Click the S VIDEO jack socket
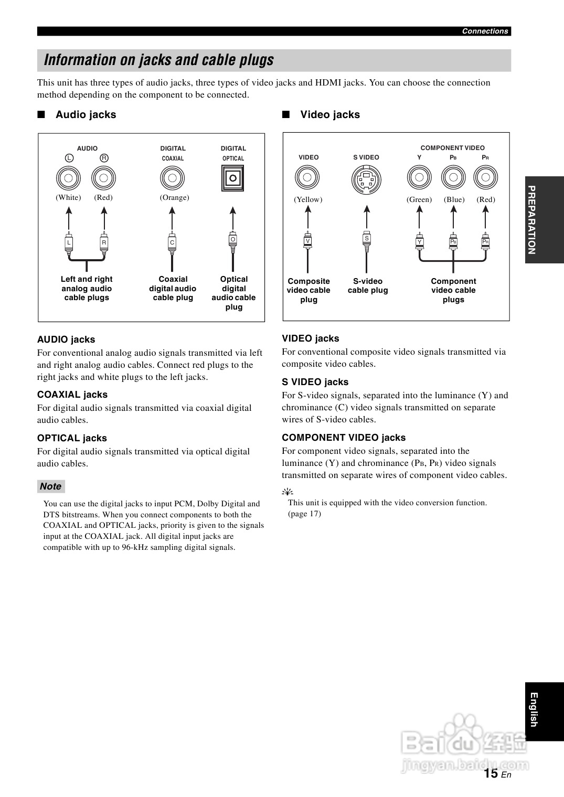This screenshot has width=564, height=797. click(366, 179)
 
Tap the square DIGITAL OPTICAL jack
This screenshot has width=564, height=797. click(233, 178)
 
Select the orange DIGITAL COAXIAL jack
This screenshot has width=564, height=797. click(173, 178)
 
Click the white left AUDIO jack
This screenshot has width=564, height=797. click(69, 178)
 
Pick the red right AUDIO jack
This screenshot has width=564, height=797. click(104, 178)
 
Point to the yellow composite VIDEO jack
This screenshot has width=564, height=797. click(307, 177)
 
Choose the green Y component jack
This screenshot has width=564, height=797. click(419, 177)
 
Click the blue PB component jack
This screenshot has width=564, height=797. click(454, 177)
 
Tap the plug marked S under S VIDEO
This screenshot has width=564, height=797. click(367, 239)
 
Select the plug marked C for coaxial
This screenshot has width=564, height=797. click(172, 242)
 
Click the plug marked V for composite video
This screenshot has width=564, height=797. click(308, 241)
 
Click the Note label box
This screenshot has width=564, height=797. click(51, 486)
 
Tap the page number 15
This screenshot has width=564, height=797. click(491, 773)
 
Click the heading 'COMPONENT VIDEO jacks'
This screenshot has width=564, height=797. click(344, 438)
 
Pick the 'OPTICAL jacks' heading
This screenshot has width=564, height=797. click(72, 438)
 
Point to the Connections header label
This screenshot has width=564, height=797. click(485, 31)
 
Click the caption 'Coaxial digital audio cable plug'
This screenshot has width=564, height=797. click(173, 289)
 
